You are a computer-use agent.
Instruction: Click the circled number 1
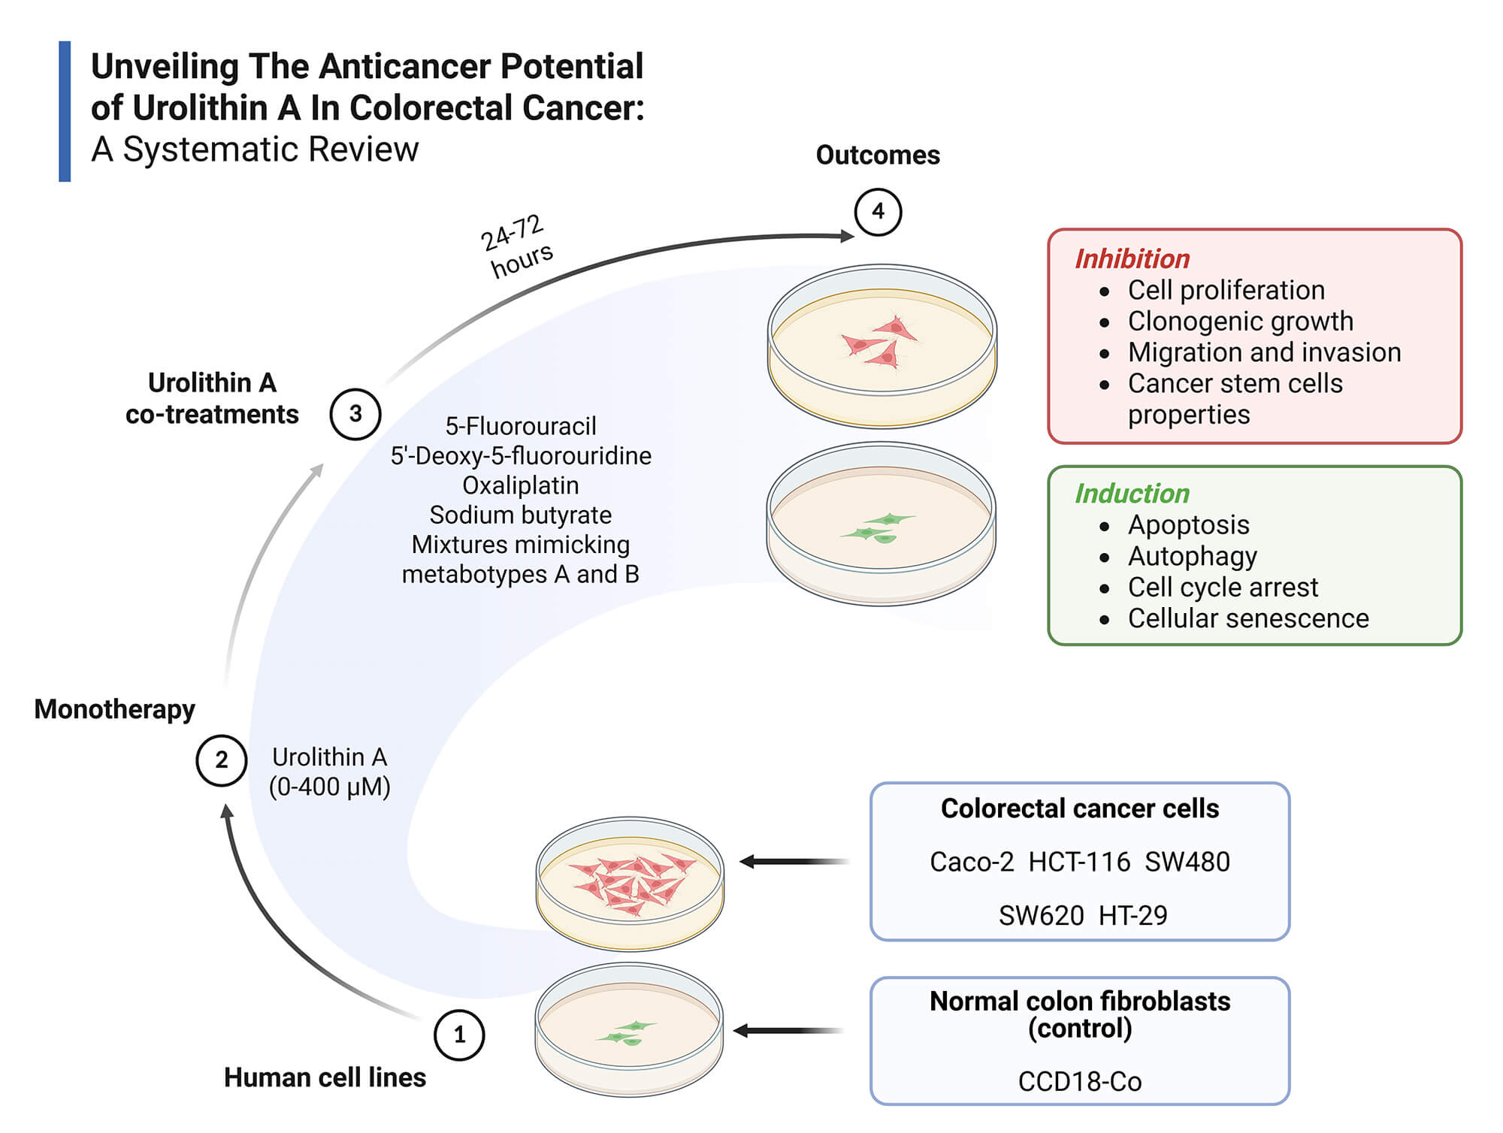459,1035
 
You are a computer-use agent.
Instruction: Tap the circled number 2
221,760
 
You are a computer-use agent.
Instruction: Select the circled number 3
355,414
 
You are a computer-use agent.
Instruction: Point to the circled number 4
878,212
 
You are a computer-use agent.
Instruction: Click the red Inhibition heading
1132,259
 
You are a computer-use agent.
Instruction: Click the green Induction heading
1132,494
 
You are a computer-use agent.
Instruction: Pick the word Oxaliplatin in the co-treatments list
520,485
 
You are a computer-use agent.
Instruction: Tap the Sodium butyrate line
520,515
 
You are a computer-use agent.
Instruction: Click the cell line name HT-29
1133,915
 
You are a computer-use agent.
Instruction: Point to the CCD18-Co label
1079,1081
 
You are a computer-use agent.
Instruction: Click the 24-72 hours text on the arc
517,245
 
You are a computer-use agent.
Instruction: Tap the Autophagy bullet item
1192,556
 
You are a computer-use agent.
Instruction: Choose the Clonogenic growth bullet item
1240,322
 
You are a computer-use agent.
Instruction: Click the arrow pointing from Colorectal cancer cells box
793,862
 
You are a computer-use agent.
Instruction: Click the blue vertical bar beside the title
65,111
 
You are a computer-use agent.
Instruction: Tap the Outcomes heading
878,156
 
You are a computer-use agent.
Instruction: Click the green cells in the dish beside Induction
878,527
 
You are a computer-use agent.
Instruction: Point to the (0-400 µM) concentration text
329,787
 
